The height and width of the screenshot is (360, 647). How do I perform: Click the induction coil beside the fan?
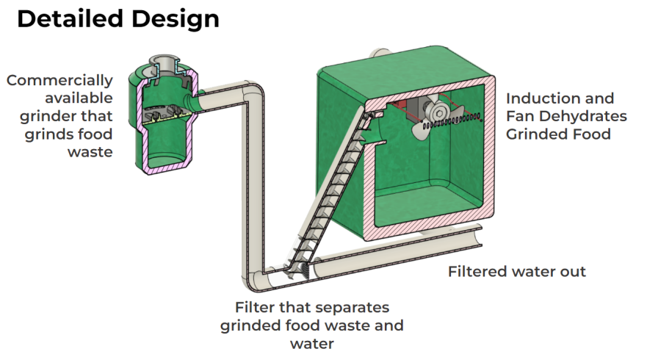(460, 119)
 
